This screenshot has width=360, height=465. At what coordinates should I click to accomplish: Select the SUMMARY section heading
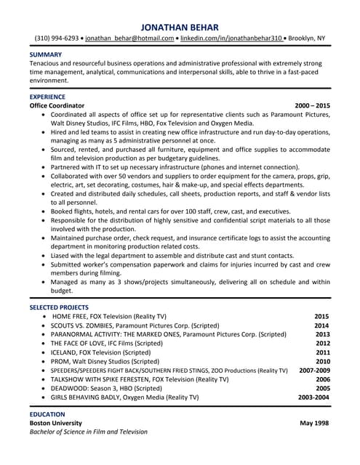tap(45, 54)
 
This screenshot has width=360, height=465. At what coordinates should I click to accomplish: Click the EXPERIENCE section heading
tap(47, 96)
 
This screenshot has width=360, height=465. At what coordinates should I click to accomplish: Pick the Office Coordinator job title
tap(57, 105)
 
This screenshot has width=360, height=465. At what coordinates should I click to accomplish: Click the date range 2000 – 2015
tap(312, 105)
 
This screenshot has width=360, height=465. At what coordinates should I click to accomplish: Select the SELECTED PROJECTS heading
tap(60, 307)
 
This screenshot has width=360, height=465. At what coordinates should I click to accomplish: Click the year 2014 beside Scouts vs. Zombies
tap(322, 325)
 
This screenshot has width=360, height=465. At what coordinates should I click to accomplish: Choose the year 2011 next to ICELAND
tap(322, 352)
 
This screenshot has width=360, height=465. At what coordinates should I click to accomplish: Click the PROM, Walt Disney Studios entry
tap(105, 361)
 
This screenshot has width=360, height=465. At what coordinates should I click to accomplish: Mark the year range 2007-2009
tap(314, 371)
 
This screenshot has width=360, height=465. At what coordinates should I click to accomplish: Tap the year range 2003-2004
tap(314, 397)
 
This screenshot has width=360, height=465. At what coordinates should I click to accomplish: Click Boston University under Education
tap(55, 423)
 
